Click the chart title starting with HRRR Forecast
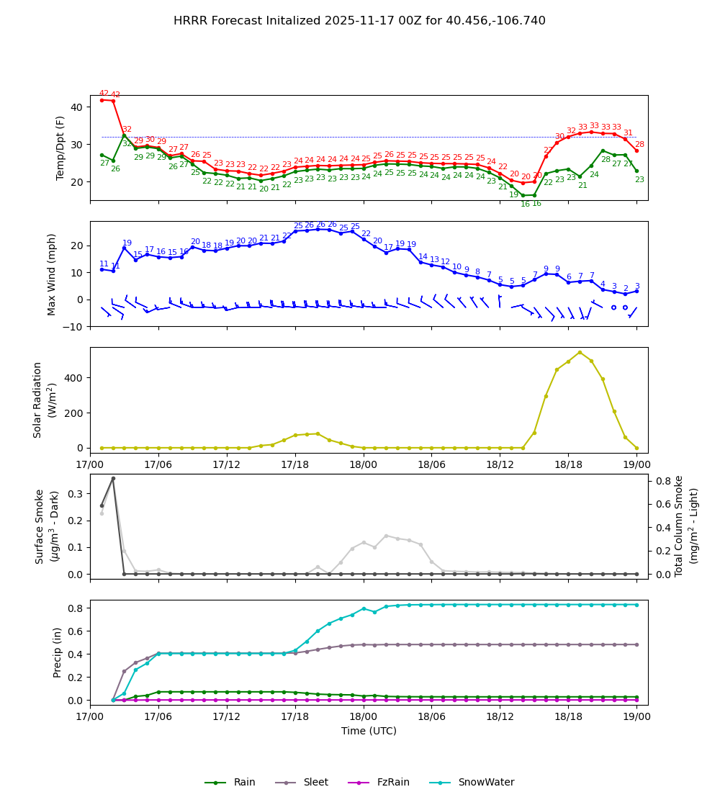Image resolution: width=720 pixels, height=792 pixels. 359,21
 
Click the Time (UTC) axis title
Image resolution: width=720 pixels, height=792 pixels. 369,731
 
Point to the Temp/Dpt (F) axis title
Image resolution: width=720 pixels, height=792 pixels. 60,148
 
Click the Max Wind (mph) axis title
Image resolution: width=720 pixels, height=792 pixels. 52,274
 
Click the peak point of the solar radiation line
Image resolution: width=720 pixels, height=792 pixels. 580,352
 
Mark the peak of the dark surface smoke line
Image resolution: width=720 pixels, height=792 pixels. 113,478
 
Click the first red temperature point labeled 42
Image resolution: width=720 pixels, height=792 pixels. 102,99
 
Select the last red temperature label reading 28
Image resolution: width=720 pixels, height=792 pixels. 639,144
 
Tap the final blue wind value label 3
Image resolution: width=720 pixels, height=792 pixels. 636,286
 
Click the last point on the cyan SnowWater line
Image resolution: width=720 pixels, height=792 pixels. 636,604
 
